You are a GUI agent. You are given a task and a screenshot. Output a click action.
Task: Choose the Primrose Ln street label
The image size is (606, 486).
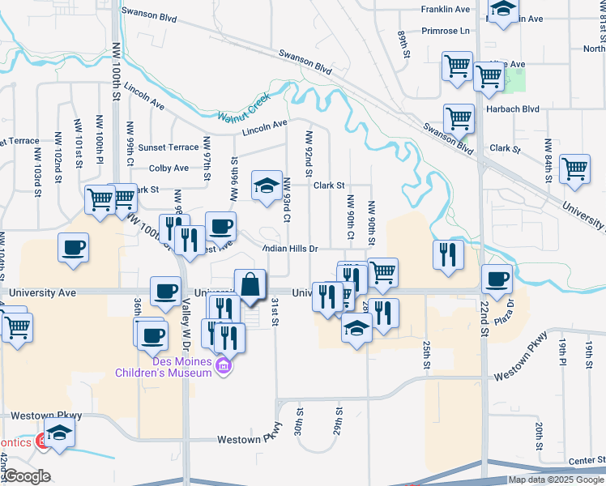[446, 32]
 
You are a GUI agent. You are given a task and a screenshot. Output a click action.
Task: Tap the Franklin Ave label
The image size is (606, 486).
[446, 10]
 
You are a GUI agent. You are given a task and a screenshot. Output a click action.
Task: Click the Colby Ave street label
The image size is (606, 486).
[169, 168]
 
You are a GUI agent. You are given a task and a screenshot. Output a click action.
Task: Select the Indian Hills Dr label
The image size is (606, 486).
[292, 248]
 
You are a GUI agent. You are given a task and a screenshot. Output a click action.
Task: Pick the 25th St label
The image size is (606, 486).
[426, 355]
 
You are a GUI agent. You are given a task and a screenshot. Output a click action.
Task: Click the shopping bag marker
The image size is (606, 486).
[250, 286]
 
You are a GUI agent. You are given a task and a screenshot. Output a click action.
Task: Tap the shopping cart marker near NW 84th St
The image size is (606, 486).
[574, 168]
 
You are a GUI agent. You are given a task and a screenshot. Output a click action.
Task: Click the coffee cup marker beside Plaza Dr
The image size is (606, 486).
[497, 279]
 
